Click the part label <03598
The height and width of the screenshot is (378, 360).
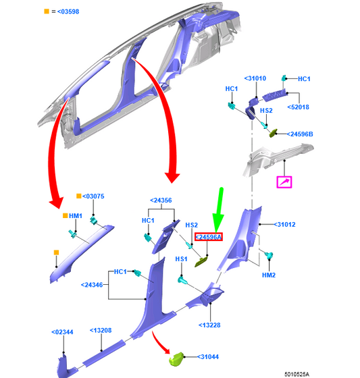coord(68,11)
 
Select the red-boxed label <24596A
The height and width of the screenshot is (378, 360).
coord(209,237)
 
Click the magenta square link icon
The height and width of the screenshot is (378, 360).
coord(284,182)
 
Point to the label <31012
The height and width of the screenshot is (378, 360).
coord(284,224)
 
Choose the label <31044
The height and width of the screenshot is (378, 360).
coord(208,357)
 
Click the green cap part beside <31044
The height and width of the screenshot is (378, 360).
coord(176,359)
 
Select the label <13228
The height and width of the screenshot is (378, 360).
coord(209,325)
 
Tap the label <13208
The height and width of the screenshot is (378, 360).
coord(101,330)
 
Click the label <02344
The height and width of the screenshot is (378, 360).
coord(62,332)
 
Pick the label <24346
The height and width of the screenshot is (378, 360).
coord(92,285)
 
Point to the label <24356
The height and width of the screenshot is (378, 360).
coord(161,200)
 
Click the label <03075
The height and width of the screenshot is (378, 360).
coord(93,196)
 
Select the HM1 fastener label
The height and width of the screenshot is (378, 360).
coord(76,216)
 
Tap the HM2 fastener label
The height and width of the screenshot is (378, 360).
coord(269,275)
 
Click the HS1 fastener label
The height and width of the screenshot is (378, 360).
coord(181,259)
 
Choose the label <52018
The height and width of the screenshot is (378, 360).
coord(299,107)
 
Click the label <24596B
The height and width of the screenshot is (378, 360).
coord(300,134)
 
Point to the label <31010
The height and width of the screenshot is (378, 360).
coord(255,78)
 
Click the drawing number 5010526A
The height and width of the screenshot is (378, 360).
coord(297,374)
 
